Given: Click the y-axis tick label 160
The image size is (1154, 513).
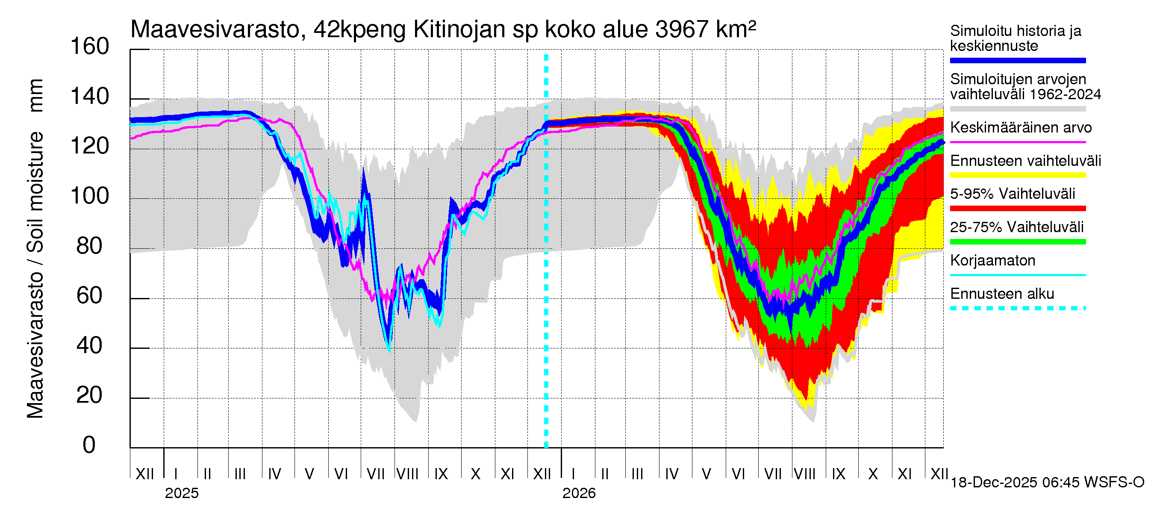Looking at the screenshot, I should [x=90, y=47].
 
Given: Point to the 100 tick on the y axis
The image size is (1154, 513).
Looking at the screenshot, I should [x=90, y=196].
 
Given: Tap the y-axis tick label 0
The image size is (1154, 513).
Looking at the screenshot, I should [x=89, y=445].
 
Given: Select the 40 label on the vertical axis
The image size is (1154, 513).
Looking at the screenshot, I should [x=90, y=345].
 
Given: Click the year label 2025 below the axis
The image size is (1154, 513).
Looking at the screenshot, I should [x=181, y=493].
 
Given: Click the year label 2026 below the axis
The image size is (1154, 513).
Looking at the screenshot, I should [x=579, y=493].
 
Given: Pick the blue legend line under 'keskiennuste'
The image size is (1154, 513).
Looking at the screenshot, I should [x=1017, y=60].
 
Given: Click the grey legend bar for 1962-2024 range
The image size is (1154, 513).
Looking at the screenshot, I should [x=1017, y=109].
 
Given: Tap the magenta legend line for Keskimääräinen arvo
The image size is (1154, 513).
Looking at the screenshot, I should [x=1017, y=142].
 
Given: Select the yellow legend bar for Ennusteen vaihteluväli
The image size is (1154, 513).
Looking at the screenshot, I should [x=1017, y=175].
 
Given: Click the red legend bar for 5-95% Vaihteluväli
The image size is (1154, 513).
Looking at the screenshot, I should [x=1017, y=208].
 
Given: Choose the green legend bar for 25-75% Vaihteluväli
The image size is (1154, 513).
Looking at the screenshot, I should [x=1017, y=242].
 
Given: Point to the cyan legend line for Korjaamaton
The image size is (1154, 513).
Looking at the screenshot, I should [x=1017, y=275].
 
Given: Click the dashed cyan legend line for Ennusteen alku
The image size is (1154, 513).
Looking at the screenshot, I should [x=1017, y=308].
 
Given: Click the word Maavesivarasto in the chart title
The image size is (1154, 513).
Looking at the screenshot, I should [x=215, y=29].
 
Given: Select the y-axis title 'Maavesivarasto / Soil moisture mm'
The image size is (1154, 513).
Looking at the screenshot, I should [x=35, y=249].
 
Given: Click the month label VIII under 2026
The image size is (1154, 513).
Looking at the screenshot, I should [x=804, y=474].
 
